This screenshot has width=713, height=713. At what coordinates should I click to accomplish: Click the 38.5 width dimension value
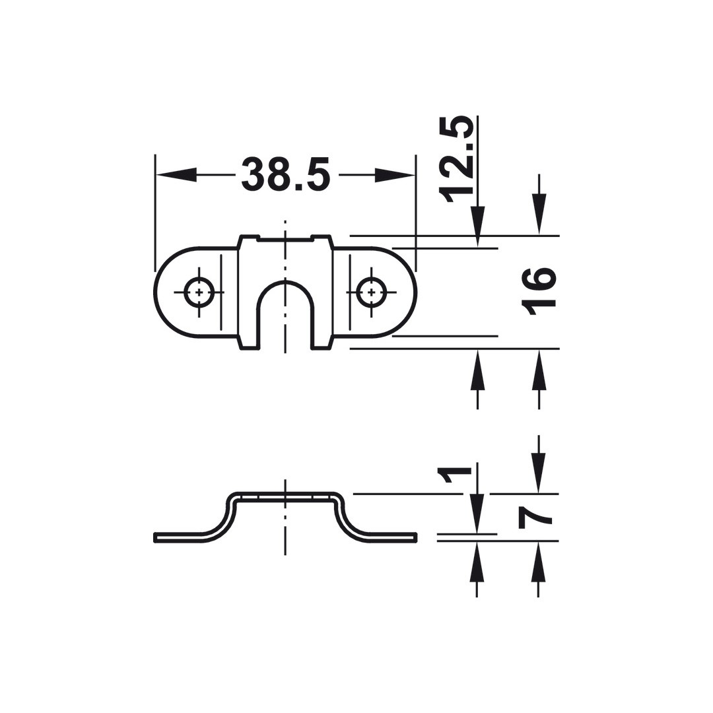coord(285,174)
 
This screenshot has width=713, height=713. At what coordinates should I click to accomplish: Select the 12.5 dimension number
coord(456,159)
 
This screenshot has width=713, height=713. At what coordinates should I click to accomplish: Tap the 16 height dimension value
coord(539,291)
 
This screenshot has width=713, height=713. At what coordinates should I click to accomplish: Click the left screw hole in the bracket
coord(199,292)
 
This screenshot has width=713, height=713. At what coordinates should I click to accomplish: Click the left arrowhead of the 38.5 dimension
coord(176,174)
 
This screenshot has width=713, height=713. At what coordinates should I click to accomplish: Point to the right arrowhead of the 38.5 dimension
coord(395,174)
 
